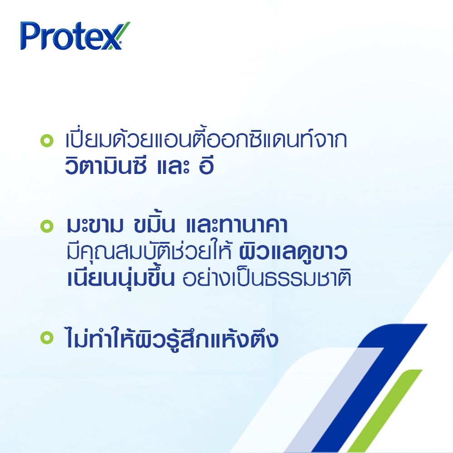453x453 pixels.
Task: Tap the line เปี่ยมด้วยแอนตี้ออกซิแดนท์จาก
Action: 206,140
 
